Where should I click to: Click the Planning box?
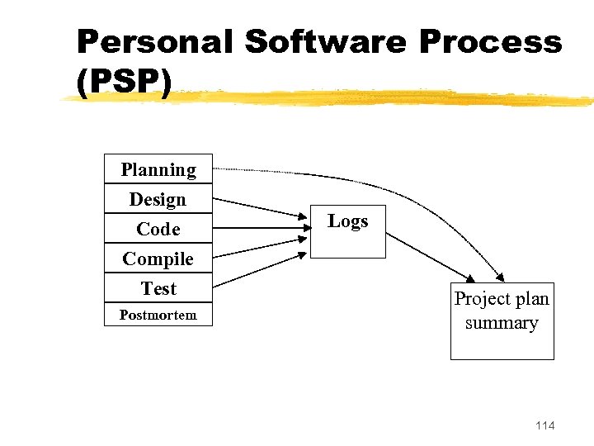tap(158, 169)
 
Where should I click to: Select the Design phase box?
tap(158, 199)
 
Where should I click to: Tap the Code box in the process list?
tap(158, 229)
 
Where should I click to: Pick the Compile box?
tap(158, 259)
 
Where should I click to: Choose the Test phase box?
tap(158, 288)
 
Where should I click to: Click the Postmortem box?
tap(158, 315)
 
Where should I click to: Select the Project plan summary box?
tap(502, 322)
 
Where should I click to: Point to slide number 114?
tap(544, 425)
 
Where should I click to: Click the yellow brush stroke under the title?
tap(330, 97)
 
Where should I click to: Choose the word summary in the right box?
tap(502, 323)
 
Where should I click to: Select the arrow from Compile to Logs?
tap(260, 247)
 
